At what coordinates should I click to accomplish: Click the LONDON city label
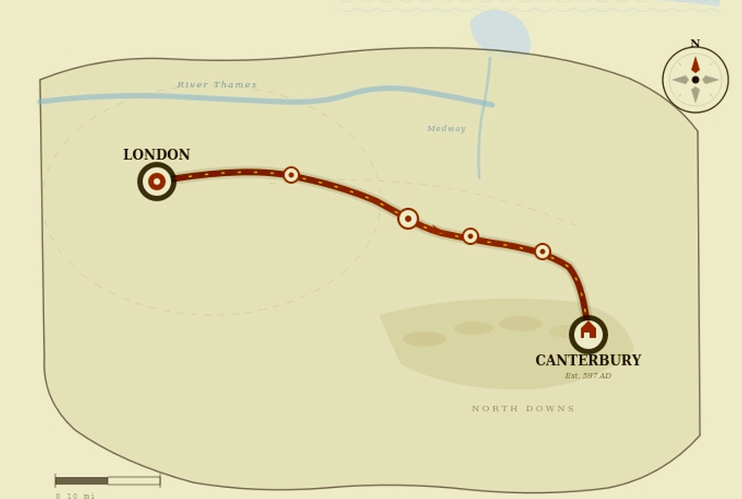point(156,155)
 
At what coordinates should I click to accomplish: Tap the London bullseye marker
point(157,181)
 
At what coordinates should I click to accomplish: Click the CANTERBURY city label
point(587,360)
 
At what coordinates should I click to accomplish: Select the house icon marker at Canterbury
point(588,333)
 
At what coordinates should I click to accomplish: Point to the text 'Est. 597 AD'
point(587,376)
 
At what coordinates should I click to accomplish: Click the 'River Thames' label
point(216,85)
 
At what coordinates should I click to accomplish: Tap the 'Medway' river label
point(446,129)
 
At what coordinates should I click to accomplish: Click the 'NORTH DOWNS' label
point(523,409)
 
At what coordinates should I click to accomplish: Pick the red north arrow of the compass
point(695,65)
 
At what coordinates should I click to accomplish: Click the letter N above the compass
point(694,44)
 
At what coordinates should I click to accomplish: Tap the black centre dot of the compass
point(695,80)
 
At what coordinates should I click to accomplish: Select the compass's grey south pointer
point(695,94)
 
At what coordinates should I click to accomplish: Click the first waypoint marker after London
point(291,174)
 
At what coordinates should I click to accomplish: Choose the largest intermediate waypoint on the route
point(408,218)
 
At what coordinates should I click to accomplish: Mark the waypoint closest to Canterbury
point(542,252)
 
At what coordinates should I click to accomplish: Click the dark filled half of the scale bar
point(82,480)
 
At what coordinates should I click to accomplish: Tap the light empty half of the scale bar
point(133,480)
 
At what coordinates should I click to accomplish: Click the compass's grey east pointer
point(710,80)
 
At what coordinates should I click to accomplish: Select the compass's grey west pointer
point(681,80)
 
